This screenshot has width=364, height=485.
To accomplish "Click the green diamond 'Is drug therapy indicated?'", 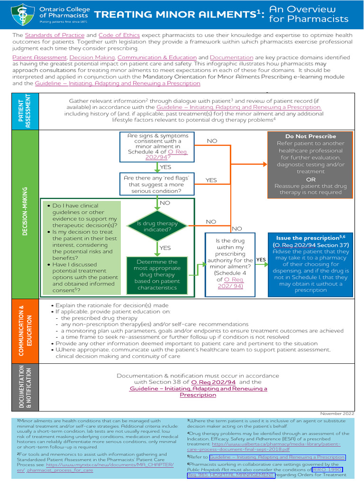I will click(157, 226).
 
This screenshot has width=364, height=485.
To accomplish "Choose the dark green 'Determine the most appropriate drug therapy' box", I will click(157, 275).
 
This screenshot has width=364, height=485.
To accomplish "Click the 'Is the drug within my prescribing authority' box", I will click(230, 263).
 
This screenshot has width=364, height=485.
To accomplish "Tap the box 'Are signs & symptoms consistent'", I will click(157, 147).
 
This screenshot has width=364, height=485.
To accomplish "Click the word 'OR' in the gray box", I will click(310, 180).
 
